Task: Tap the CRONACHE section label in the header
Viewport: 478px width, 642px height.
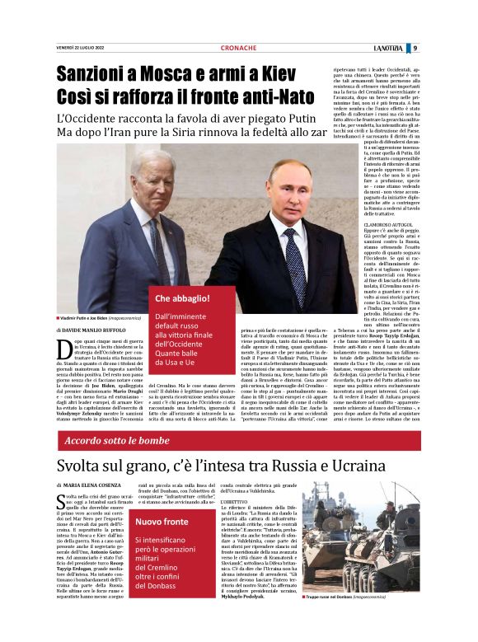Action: (x=239, y=48)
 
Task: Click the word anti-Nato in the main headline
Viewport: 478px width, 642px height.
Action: (x=255, y=98)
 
